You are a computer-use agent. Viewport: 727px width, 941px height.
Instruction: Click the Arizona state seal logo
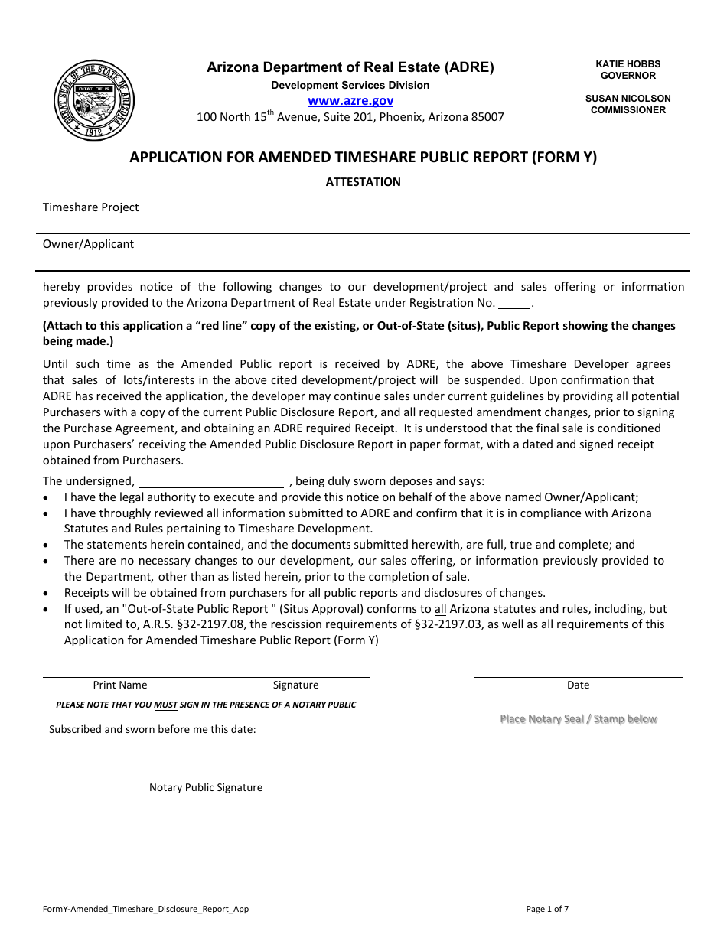[x=96, y=100]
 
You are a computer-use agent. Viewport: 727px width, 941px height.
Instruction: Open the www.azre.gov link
[x=350, y=100]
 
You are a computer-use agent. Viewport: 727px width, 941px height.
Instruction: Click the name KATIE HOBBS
[x=628, y=64]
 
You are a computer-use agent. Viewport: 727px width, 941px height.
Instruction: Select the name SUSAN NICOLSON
[x=628, y=98]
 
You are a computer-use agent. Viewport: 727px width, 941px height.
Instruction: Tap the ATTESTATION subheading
[x=363, y=182]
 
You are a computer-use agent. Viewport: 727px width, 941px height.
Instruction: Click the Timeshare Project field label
[x=90, y=207]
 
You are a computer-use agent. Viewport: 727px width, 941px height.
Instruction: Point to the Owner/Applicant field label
[x=88, y=244]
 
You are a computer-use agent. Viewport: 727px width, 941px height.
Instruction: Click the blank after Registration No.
[x=514, y=303]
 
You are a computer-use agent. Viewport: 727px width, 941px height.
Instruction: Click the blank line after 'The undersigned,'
[x=210, y=481]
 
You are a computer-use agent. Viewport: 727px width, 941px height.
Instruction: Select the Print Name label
[x=120, y=685]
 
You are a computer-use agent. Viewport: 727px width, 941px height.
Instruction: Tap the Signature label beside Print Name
[x=295, y=685]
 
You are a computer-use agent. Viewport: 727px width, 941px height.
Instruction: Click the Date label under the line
[x=578, y=685]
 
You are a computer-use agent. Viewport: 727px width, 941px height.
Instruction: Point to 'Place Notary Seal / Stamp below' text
[x=578, y=719]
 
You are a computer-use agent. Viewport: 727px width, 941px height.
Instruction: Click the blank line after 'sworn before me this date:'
[x=375, y=730]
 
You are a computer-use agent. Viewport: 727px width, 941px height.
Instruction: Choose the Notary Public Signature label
[x=205, y=788]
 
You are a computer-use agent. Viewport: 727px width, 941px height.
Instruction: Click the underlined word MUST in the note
[x=166, y=705]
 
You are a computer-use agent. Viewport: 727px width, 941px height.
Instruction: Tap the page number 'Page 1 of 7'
[x=547, y=910]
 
